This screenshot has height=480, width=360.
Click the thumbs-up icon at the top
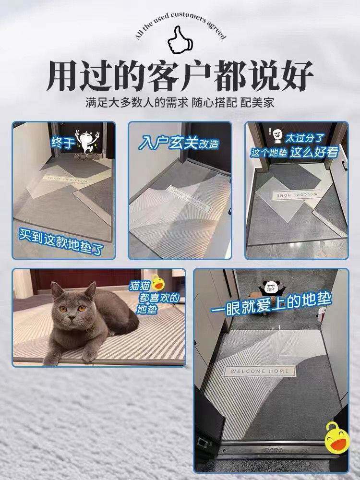(180, 40)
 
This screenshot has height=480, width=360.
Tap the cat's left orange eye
(63, 309)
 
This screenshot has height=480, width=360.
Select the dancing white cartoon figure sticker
(87, 142)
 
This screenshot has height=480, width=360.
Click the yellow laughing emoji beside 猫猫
(157, 283)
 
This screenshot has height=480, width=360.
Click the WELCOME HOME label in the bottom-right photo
(260, 371)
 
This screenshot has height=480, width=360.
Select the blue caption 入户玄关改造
(179, 143)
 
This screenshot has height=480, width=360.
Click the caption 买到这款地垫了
(61, 242)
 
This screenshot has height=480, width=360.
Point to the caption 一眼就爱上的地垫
(271, 304)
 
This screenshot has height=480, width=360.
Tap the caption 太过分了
(304, 138)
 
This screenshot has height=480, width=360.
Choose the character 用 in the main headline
(63, 76)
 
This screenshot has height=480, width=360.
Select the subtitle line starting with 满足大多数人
(180, 103)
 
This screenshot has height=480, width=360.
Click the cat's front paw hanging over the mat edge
(88, 355)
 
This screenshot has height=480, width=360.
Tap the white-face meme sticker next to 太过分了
(277, 135)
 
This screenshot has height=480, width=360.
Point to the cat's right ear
(90, 289)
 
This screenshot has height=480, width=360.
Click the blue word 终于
(62, 143)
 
